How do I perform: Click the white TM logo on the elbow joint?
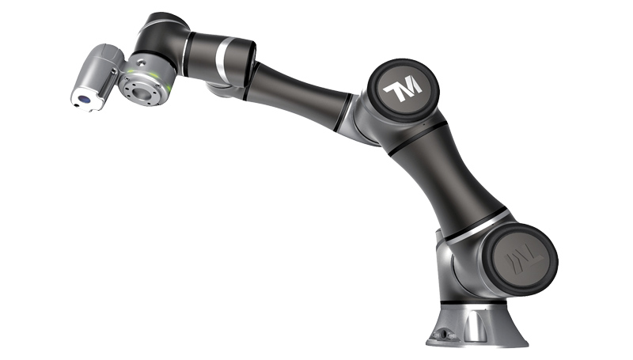[x=403, y=89]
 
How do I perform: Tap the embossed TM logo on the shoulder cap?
[x=524, y=259]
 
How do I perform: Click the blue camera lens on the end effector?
[x=84, y=98]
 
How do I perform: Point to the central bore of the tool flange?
[x=142, y=93]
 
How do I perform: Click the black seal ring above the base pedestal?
[x=473, y=302]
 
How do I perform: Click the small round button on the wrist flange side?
[x=140, y=63]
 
